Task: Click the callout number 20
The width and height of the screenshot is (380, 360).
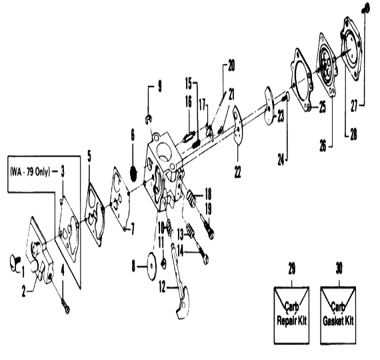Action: click(231, 66)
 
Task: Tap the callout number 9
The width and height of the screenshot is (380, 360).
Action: click(160, 87)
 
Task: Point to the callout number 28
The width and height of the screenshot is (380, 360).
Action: click(354, 134)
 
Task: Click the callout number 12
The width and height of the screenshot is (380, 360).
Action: click(162, 287)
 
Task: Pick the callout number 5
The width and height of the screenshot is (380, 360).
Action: click(89, 157)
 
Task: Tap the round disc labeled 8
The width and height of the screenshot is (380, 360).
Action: click(152, 266)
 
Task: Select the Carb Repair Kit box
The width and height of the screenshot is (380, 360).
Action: click(291, 315)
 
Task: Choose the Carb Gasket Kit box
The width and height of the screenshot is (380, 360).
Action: click(338, 315)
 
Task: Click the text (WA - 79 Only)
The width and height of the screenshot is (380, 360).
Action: click(30, 172)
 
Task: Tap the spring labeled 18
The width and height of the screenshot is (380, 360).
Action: click(192, 198)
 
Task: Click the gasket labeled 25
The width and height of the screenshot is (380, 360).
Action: click(302, 80)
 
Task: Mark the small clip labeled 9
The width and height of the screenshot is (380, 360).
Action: click(149, 119)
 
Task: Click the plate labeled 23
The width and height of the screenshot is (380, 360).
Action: click(270, 106)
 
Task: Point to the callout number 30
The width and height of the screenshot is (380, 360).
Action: click(339, 269)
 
